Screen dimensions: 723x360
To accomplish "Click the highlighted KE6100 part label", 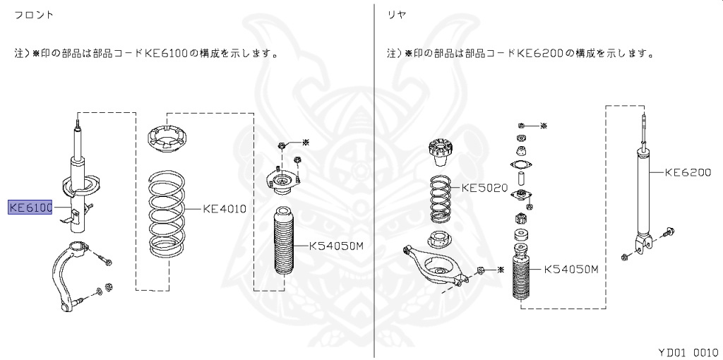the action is pyautogui.click(x=30, y=208).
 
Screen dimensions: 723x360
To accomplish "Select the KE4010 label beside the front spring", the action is pyautogui.click(x=224, y=208).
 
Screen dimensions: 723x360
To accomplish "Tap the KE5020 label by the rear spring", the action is pyautogui.click(x=484, y=188).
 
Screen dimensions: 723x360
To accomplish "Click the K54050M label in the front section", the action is pyautogui.click(x=336, y=246).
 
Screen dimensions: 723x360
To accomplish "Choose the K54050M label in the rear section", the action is pyautogui.click(x=571, y=269).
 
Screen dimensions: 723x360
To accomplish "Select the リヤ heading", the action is pyautogui.click(x=396, y=14).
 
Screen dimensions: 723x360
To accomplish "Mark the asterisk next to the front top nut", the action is pyautogui.click(x=306, y=143).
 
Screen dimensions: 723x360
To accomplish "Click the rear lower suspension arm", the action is pyautogui.click(x=433, y=266).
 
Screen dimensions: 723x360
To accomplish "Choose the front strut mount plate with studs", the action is pyautogui.click(x=283, y=184).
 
